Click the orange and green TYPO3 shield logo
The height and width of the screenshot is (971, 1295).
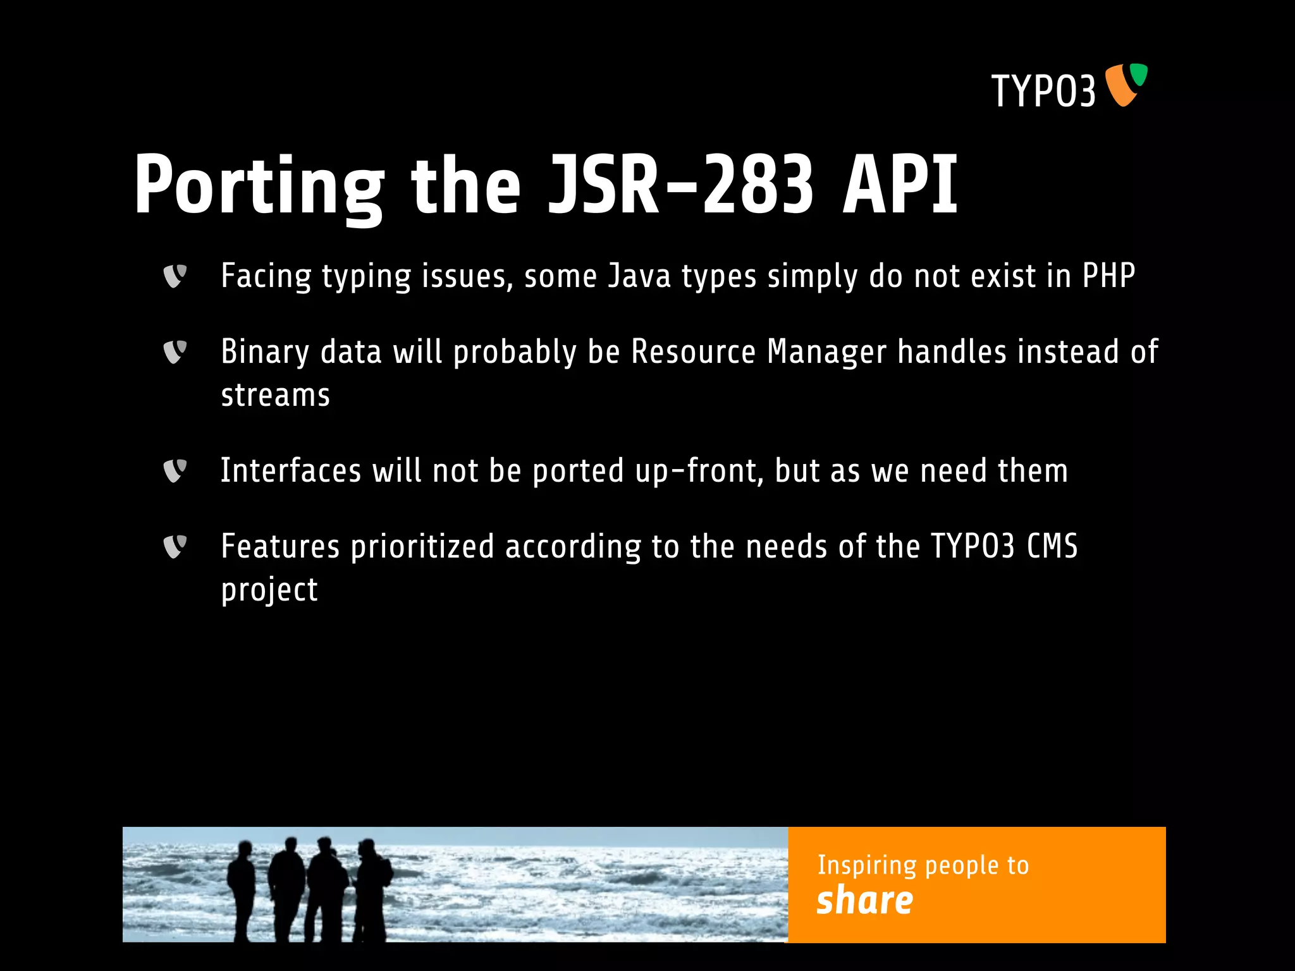click(1126, 85)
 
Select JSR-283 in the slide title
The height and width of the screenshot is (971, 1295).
click(680, 185)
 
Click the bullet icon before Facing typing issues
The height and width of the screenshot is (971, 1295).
click(175, 276)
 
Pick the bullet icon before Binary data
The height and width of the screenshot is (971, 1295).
click(175, 352)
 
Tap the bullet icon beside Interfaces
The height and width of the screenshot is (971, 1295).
click(175, 471)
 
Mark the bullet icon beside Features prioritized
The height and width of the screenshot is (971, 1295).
click(175, 547)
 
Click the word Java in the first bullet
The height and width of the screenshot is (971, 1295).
click(639, 276)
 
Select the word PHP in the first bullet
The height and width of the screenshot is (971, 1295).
click(1108, 276)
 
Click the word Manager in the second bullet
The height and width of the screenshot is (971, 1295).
click(826, 352)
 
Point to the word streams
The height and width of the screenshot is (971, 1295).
click(275, 396)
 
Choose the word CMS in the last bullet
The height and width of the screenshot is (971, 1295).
click(1052, 546)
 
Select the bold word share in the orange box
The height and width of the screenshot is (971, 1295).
click(864, 900)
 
